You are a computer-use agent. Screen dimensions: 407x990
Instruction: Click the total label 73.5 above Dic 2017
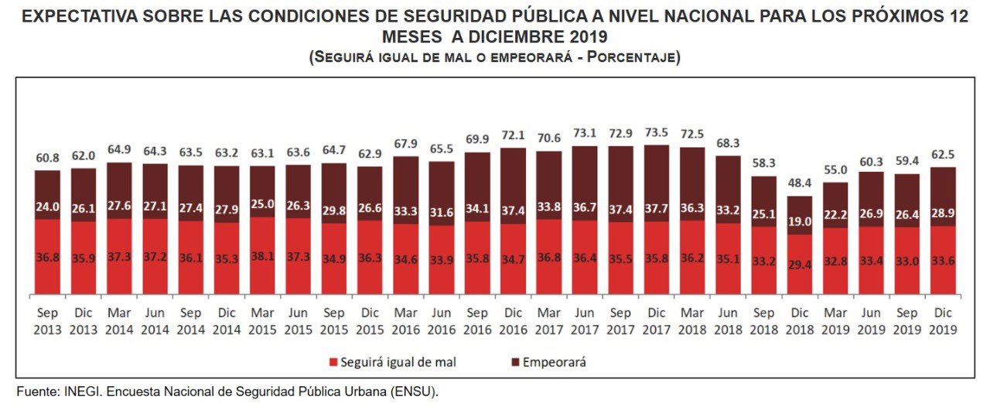(x=657, y=134)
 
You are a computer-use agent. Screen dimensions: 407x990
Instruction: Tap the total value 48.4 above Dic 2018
(x=801, y=184)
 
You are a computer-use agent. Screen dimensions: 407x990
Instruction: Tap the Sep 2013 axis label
(x=47, y=322)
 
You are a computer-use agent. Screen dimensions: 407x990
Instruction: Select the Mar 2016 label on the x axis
(x=406, y=322)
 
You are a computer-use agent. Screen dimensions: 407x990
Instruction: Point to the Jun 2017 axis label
(x=585, y=322)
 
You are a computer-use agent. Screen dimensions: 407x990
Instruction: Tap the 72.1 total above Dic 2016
(x=514, y=136)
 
